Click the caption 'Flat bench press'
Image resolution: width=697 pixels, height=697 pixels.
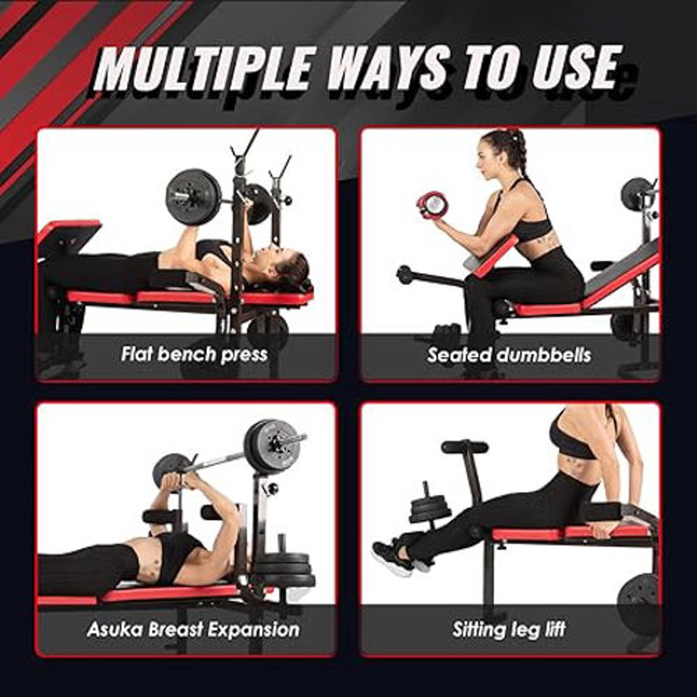(194, 354)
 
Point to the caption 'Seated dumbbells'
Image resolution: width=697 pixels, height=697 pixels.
(509, 355)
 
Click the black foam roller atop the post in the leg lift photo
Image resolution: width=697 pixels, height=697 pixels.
(465, 447)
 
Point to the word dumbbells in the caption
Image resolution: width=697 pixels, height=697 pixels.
(544, 355)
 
